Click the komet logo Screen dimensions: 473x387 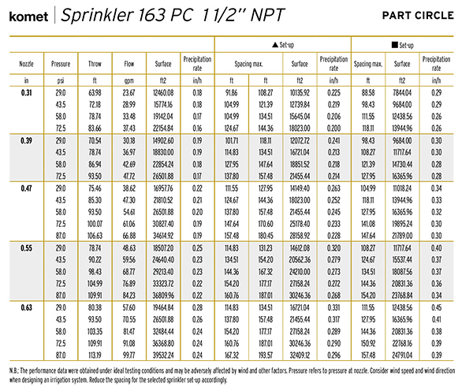click(28, 17)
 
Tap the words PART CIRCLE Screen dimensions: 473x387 click(418, 16)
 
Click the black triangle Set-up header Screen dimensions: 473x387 click(283, 45)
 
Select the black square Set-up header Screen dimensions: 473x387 click(402, 45)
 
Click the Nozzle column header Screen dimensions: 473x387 click(26, 64)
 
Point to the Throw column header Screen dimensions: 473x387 click(95, 64)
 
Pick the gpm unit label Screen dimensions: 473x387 click(129, 80)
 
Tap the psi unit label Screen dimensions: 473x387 click(61, 80)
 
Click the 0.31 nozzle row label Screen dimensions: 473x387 click(26, 92)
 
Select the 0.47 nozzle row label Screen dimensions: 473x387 click(26, 188)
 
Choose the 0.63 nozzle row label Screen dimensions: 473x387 click(26, 307)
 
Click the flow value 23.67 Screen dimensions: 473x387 click(128, 92)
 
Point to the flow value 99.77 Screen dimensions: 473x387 click(128, 355)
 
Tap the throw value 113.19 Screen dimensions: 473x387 click(95, 355)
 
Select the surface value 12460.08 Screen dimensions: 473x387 click(163, 92)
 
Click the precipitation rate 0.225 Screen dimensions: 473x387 click(333, 92)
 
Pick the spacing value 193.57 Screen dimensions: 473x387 click(266, 355)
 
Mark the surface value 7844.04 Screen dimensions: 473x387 click(402, 92)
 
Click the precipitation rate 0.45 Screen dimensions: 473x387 click(436, 307)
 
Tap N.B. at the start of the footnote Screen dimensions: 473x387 click(14, 370)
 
